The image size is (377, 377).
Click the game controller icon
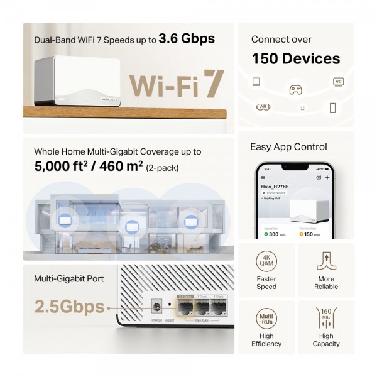pos(295,90)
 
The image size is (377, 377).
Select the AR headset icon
pos(263,107)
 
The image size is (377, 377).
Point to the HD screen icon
pos(337,82)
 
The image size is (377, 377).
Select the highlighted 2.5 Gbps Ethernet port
pos(185,308)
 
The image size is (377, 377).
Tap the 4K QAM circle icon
pos(266,261)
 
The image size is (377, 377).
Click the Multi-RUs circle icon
pos(266,319)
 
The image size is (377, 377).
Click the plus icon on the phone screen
pos(327,178)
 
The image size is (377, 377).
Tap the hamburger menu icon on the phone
pos(263,178)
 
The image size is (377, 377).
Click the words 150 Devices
pos(296,59)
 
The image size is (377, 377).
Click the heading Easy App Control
pos(288,147)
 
